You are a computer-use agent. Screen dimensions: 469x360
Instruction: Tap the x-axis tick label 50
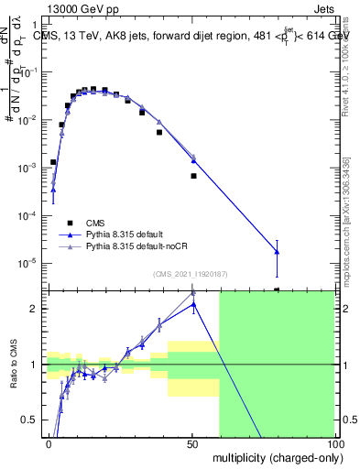(192, 443)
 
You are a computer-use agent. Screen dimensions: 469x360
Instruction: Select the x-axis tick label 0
(49, 443)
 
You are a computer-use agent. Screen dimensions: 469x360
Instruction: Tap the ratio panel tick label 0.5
(32, 420)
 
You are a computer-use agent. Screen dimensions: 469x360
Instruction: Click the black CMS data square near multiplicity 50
(193, 175)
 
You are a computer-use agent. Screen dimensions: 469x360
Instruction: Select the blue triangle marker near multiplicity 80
(277, 251)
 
